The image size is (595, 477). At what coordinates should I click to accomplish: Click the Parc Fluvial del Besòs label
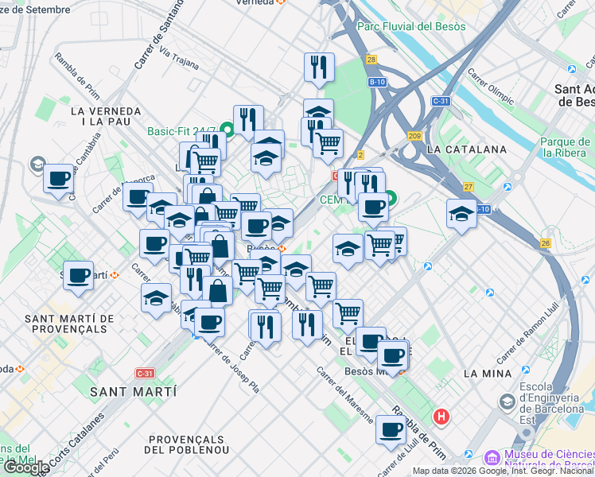click(x=412, y=26)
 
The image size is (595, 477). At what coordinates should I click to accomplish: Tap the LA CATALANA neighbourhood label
click(x=466, y=149)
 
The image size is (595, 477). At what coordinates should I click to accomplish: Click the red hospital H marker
click(x=441, y=416)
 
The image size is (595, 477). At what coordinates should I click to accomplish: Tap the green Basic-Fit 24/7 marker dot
click(x=226, y=128)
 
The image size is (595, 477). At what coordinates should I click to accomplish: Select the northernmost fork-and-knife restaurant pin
click(x=319, y=68)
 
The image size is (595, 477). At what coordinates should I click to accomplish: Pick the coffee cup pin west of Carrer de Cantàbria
click(x=58, y=179)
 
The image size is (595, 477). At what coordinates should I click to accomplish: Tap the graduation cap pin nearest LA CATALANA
click(x=461, y=214)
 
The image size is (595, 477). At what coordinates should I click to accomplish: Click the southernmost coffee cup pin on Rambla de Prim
click(x=391, y=430)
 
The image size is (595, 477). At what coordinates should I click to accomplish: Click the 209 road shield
click(x=414, y=136)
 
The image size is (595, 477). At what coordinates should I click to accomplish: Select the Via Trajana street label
click(x=179, y=59)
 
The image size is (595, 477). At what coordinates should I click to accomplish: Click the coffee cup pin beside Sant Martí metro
click(x=78, y=276)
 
